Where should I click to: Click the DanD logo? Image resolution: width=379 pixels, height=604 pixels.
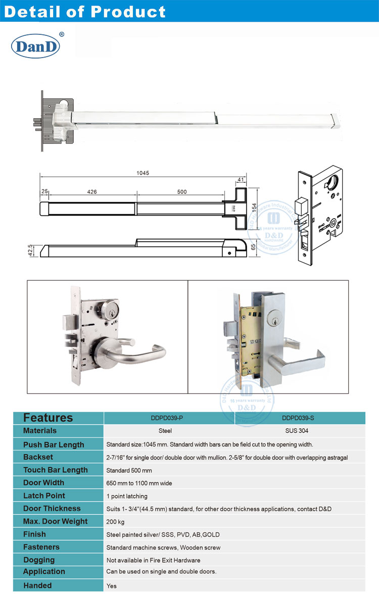(x=36, y=46)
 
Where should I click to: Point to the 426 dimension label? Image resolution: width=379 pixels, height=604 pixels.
(x=92, y=191)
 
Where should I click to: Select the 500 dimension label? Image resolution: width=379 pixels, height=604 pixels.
(x=181, y=191)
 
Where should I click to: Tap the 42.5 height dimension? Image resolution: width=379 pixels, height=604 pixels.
(x=30, y=249)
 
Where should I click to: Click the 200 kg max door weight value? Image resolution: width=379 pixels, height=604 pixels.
(x=114, y=522)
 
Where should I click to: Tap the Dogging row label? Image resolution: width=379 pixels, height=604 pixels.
(x=39, y=560)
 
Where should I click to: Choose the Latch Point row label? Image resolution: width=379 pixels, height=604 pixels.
(x=44, y=495)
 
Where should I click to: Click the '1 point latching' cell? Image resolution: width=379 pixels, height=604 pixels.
(x=127, y=496)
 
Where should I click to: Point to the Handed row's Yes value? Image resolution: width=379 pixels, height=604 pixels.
(x=111, y=586)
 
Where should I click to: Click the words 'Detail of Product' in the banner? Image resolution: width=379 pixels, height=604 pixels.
(x=84, y=12)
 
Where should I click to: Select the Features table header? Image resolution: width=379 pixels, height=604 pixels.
(x=48, y=418)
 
